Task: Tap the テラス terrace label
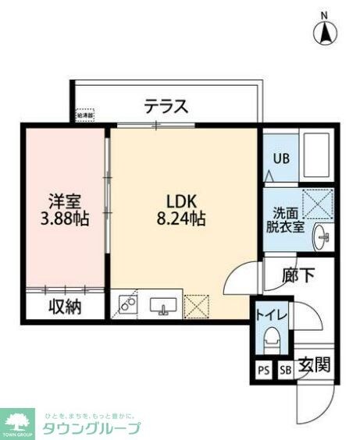(x=166, y=107)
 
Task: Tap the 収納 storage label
(x=63, y=307)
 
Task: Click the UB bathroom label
(x=280, y=157)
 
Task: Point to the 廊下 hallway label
(x=299, y=274)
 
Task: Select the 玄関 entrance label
(x=316, y=364)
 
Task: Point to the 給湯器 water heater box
(x=84, y=115)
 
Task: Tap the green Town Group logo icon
(x=17, y=420)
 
